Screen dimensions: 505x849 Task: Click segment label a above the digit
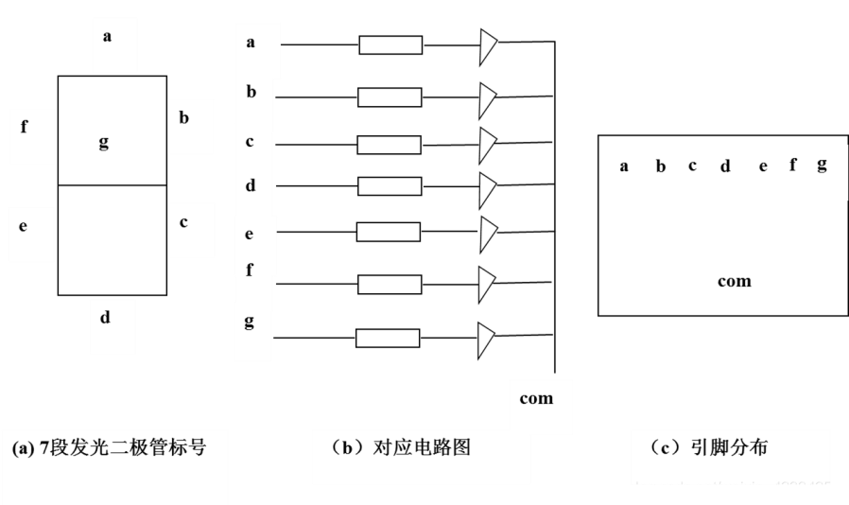click(x=107, y=37)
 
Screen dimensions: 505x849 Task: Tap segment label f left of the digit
click(x=25, y=127)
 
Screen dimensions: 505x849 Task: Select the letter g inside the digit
click(x=104, y=142)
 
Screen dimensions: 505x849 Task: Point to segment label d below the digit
click(x=105, y=318)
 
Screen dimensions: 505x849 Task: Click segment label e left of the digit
click(x=23, y=226)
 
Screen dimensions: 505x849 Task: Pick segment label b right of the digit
click(x=184, y=118)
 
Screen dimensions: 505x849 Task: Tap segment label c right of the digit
click(x=183, y=222)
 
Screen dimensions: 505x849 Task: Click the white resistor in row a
click(x=390, y=45)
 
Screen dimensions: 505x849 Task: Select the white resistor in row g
click(x=388, y=338)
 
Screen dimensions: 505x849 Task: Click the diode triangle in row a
click(x=487, y=46)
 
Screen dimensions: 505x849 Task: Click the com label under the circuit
click(x=536, y=398)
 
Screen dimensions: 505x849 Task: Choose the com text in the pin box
click(x=734, y=281)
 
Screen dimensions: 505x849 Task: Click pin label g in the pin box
click(x=822, y=165)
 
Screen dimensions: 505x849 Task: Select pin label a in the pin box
click(x=624, y=167)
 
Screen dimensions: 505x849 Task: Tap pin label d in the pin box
click(x=725, y=167)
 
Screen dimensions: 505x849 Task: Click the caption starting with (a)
click(x=109, y=448)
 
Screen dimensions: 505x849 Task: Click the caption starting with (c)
click(x=709, y=447)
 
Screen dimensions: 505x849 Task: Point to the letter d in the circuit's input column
click(x=251, y=185)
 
